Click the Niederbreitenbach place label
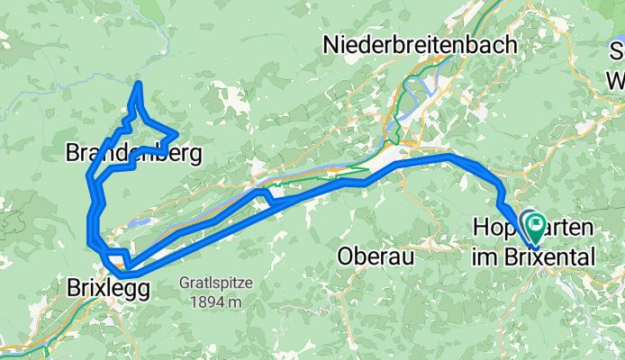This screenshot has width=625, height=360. click(x=420, y=44)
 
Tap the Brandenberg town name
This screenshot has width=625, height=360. click(x=132, y=153)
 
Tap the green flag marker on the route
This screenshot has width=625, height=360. click(x=534, y=222)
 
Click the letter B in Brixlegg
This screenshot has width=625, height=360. click(x=74, y=287)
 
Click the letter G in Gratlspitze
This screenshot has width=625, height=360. click(x=184, y=282)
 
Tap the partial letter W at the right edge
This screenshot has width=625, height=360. click(x=618, y=79)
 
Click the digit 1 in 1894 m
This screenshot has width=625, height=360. click(x=194, y=301)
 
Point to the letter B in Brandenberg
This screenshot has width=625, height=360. click(x=73, y=153)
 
